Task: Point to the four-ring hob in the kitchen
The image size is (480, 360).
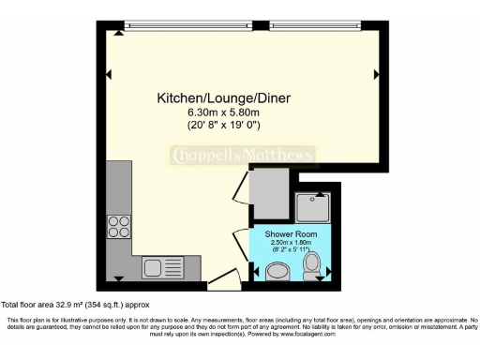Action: (x=119, y=226)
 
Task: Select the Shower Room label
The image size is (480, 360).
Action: (x=292, y=233)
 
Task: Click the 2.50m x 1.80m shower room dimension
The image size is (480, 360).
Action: (x=292, y=243)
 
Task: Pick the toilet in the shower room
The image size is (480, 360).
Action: (x=314, y=263)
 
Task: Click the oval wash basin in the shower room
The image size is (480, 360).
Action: (x=278, y=272)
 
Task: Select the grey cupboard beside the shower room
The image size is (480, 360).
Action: (x=270, y=191)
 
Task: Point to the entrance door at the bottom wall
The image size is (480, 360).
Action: (x=222, y=278)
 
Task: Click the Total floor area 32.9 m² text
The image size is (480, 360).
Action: (x=75, y=305)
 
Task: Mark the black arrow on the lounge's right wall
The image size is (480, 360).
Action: (x=377, y=74)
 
